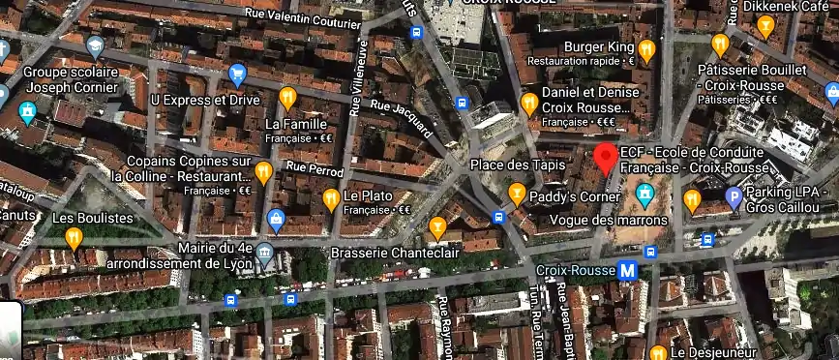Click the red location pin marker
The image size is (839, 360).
coord(606,158)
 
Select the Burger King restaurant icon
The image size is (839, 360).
coord(646,49)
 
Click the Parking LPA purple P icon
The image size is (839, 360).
coord(734,199)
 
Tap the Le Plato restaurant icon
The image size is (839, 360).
coord(329,200)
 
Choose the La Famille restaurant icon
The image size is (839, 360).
coord(287,98)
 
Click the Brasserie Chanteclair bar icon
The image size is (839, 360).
coord(437,228)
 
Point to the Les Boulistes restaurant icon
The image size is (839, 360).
coord(74,237)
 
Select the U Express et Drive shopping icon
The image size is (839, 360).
coord(237,74)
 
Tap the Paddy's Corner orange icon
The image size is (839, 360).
coord(517,195)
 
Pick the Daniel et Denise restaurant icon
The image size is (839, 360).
coord(529,103)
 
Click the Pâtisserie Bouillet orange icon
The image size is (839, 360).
coord(719,45)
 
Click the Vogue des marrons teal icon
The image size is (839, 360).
coord(644,197)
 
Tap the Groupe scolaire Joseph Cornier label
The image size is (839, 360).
coord(70,79)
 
